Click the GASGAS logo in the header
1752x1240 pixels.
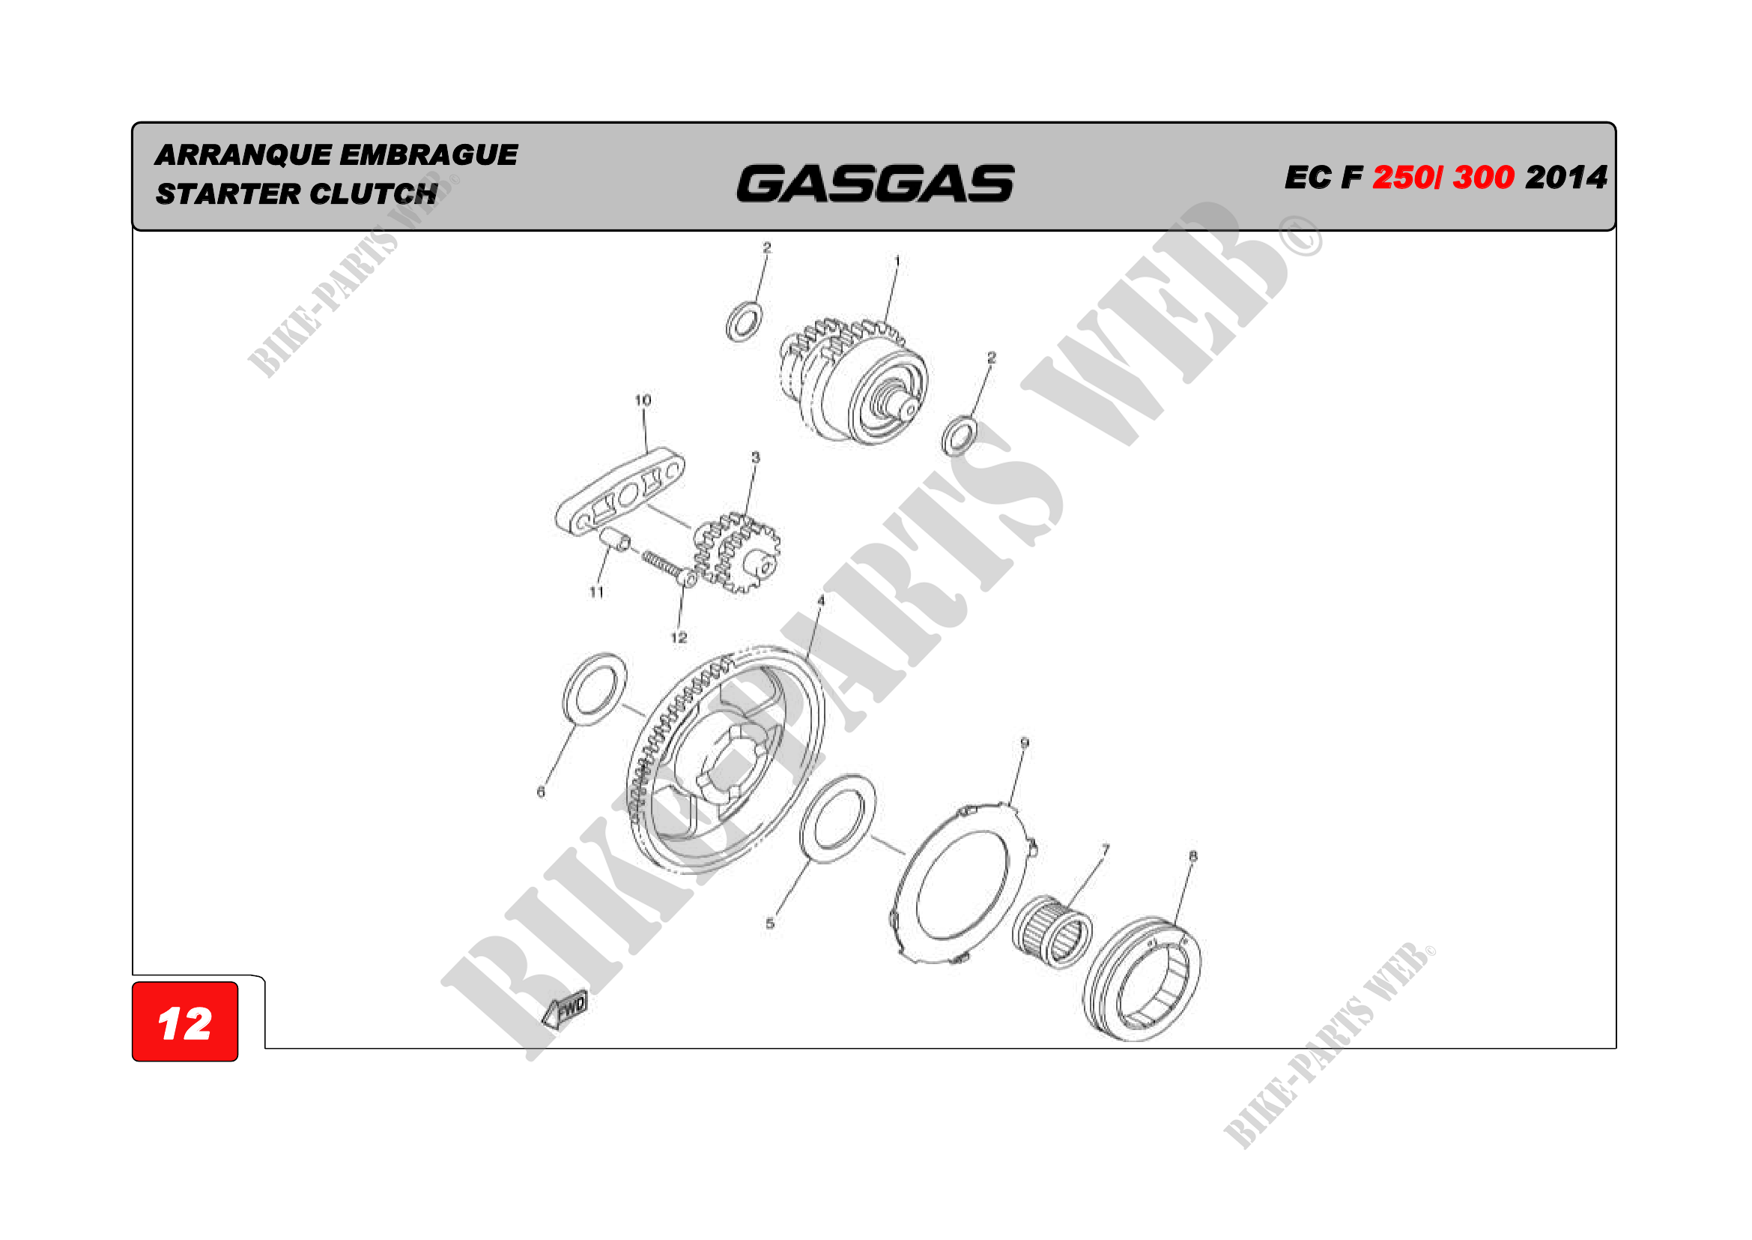coord(875,183)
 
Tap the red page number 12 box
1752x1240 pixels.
coord(185,1022)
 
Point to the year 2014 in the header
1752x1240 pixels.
coord(1566,177)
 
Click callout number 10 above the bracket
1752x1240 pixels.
coord(643,400)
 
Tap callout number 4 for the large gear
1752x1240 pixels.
coord(821,601)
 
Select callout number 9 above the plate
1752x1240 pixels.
coord(1025,743)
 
